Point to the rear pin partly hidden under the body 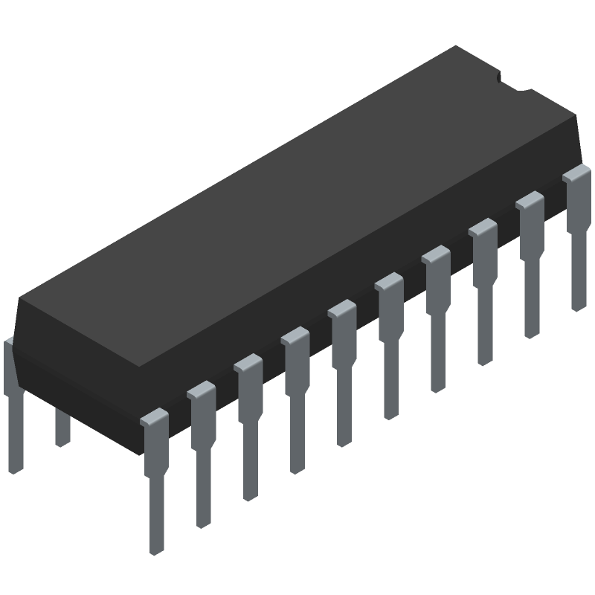click(62, 427)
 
